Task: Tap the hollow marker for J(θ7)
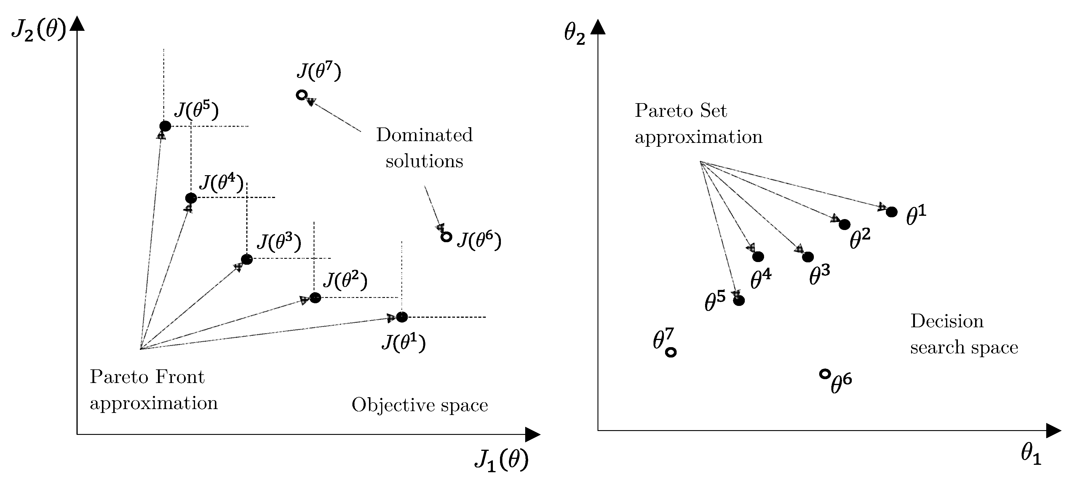click(x=301, y=95)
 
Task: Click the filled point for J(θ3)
click(x=247, y=259)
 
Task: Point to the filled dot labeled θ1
click(x=892, y=212)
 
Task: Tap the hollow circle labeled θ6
click(x=825, y=374)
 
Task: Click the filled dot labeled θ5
click(x=739, y=300)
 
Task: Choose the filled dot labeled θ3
click(x=808, y=257)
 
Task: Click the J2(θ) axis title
click(x=39, y=30)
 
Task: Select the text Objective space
click(x=420, y=405)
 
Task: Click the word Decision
click(x=947, y=321)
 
